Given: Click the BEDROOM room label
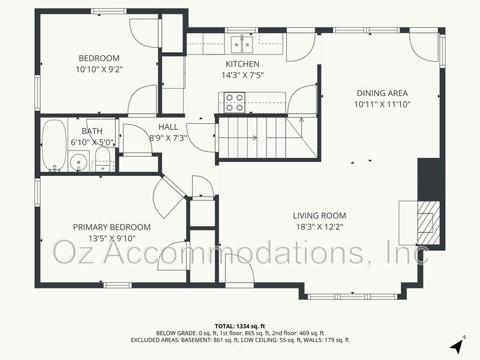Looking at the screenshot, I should click(x=100, y=58).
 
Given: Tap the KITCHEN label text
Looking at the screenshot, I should click(x=242, y=64).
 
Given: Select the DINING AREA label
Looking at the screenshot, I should click(x=382, y=93).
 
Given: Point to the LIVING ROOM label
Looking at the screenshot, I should click(x=319, y=216).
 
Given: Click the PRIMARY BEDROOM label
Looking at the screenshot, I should click(x=112, y=227).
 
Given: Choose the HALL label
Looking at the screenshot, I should click(x=168, y=127).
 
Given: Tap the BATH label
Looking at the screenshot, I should click(x=92, y=131).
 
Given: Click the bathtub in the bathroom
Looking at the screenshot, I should click(x=54, y=146).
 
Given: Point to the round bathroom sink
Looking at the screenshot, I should click(x=77, y=161).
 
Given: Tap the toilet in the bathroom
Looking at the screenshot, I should click(x=103, y=160).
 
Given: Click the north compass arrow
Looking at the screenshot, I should click(x=458, y=345).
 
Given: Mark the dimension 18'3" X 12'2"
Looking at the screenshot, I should click(x=319, y=227).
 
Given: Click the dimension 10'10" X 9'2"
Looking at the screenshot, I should click(x=100, y=69).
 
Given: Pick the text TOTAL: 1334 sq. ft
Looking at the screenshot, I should click(x=239, y=326).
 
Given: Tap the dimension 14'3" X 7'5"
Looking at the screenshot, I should click(x=242, y=75).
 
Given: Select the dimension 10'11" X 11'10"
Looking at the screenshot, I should click(x=382, y=104).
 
